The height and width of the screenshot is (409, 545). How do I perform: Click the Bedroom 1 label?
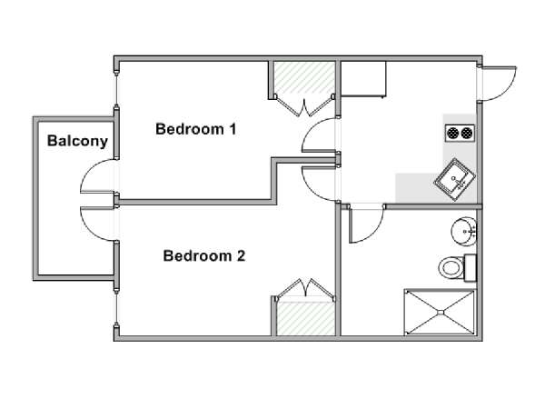point(195,129)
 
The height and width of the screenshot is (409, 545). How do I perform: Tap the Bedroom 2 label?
point(204,255)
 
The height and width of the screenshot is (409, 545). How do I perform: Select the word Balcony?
point(77,141)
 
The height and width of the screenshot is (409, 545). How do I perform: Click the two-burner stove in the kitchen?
point(460,133)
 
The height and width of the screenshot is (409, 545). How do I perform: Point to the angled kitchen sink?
point(455,179)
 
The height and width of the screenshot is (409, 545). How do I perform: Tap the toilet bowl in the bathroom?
point(451,268)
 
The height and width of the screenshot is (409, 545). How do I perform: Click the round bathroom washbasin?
point(463,231)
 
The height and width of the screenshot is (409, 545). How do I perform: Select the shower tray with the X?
point(440,312)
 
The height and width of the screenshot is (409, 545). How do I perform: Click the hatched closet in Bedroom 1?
point(304,77)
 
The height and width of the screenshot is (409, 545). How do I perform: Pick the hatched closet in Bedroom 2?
point(306,318)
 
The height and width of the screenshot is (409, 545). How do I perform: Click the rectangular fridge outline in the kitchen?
point(363,78)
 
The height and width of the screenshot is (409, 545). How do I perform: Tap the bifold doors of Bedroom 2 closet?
point(305,288)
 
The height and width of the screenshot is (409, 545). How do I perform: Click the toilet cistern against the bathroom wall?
point(471,267)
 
